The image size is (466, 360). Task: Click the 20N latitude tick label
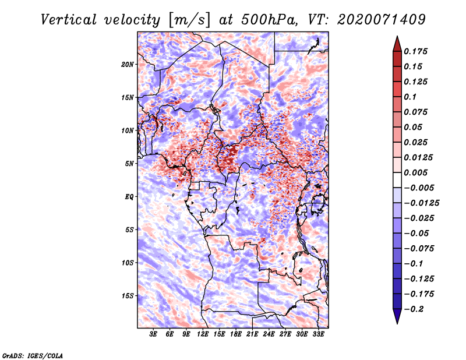pyautogui.click(x=128, y=65)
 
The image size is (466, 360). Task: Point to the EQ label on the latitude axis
pyautogui.click(x=129, y=197)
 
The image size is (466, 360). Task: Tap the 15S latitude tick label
pyautogui.click(x=128, y=296)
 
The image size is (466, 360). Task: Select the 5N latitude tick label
pyautogui.click(x=129, y=164)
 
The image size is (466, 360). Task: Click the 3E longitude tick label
pyautogui.click(x=153, y=334)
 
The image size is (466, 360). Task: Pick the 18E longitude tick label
pyautogui.click(x=236, y=334)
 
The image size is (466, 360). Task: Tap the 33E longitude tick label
pyautogui.click(x=318, y=334)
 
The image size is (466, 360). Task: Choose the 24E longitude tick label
pyautogui.click(x=269, y=334)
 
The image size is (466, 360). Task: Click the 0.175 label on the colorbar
pyautogui.click(x=415, y=51)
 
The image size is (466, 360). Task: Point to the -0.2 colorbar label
pyautogui.click(x=414, y=309)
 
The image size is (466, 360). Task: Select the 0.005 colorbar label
pyautogui.click(x=415, y=172)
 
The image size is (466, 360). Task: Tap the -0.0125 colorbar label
pyautogui.click(x=421, y=203)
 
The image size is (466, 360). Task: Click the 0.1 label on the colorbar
pyautogui.click(x=410, y=97)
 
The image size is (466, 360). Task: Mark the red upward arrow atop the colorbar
pyautogui.click(x=397, y=44)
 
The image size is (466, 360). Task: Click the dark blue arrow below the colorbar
pyautogui.click(x=397, y=316)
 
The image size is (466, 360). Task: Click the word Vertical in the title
pyautogui.click(x=69, y=20)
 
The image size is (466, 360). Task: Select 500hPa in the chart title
pyautogui.click(x=270, y=20)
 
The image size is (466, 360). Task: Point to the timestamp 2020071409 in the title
pyautogui.click(x=382, y=20)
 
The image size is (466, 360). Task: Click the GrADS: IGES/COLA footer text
pyautogui.click(x=33, y=356)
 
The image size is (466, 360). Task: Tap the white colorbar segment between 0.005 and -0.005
pyautogui.click(x=397, y=180)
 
